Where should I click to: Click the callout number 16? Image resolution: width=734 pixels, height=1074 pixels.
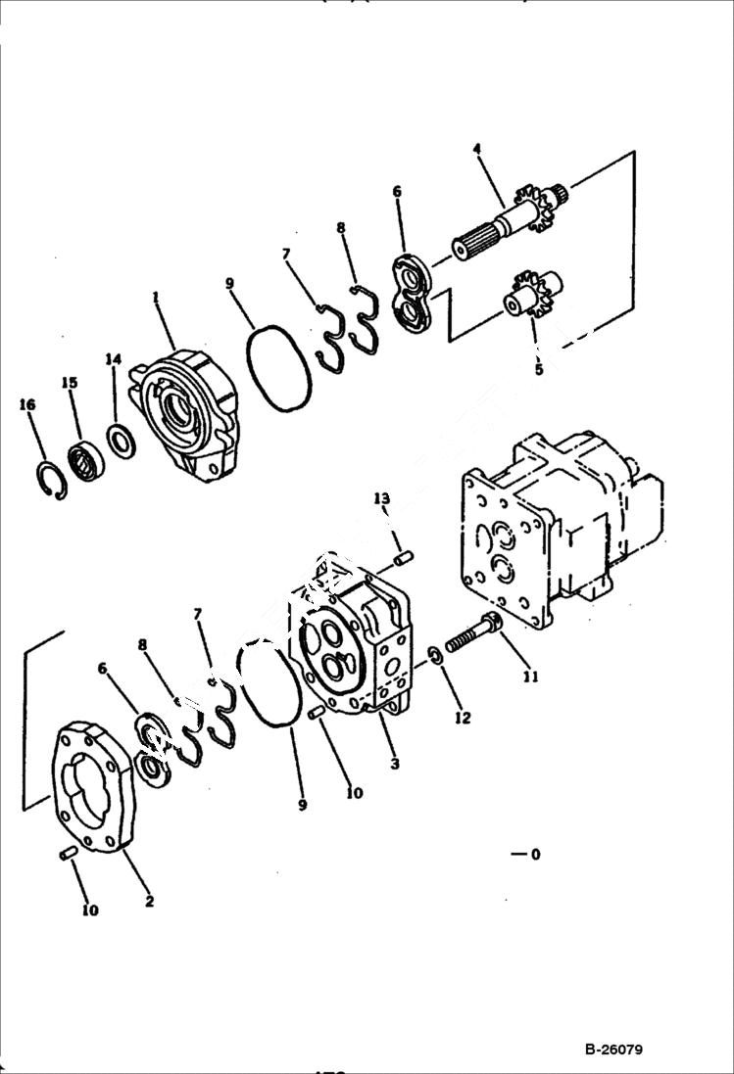[x=26, y=404]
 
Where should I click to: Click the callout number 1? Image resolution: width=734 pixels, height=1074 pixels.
[x=155, y=296]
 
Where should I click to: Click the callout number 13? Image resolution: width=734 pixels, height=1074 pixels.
[x=382, y=499]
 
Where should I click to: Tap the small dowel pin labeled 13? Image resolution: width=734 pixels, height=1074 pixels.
[x=404, y=558]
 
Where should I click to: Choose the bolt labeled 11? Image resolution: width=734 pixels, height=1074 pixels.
[x=474, y=633]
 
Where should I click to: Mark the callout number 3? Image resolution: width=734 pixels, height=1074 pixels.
[x=394, y=764]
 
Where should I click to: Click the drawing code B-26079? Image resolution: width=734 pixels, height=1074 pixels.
[x=613, y=1051]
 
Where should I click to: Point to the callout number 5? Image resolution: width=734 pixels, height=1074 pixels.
[x=538, y=370]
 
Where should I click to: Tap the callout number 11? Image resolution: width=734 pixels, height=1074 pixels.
[x=530, y=676]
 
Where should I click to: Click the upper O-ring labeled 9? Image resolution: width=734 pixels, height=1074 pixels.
[x=278, y=368]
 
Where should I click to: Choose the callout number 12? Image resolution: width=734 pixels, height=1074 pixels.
[x=463, y=718]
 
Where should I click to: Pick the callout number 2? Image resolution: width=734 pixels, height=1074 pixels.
[x=149, y=902]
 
